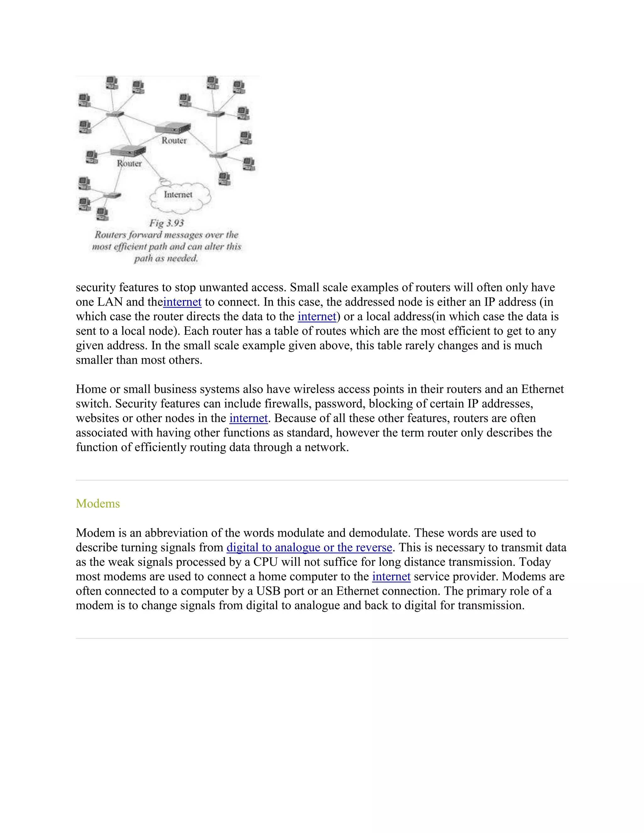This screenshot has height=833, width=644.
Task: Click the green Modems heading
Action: pyautogui.click(x=98, y=504)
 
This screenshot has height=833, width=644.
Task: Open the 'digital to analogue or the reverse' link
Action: pyautogui.click(x=309, y=547)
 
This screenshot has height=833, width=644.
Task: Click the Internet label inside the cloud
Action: pyautogui.click(x=178, y=195)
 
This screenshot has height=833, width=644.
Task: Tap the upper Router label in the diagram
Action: pyautogui.click(x=174, y=141)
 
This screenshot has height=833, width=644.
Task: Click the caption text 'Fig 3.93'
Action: pyautogui.click(x=166, y=223)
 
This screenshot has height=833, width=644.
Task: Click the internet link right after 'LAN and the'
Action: pyautogui.click(x=182, y=302)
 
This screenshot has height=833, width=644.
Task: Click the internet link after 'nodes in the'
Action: pyautogui.click(x=248, y=418)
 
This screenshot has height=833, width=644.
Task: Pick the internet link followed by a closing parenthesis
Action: pyautogui.click(x=317, y=317)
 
